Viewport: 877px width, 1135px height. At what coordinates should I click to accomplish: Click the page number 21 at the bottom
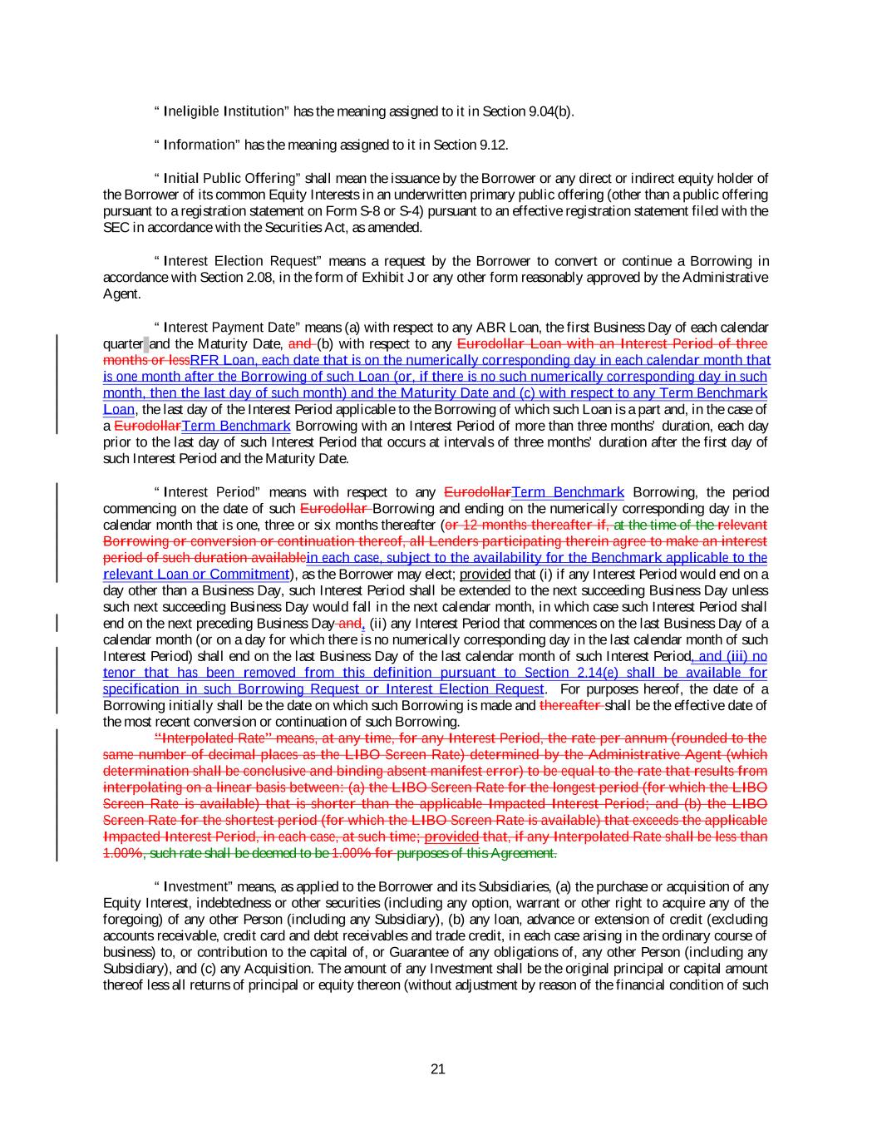[x=438, y=1069]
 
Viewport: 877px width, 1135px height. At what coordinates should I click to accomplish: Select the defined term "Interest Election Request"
[x=235, y=261]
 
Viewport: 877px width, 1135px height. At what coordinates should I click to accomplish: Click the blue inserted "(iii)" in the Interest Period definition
[x=738, y=656]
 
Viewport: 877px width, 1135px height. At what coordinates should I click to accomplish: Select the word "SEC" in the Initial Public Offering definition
[x=114, y=228]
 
